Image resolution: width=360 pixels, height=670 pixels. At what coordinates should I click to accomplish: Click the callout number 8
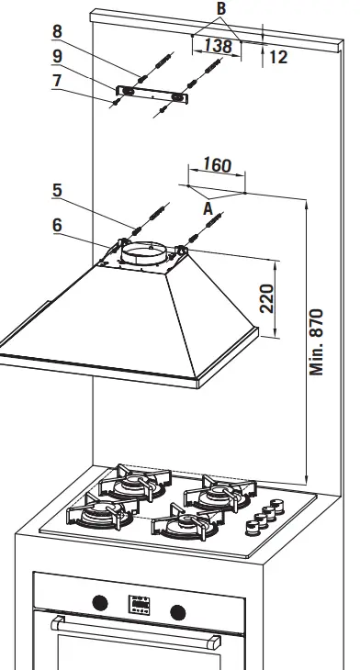[58, 31]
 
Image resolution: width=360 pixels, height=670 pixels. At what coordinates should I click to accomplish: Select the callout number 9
[58, 56]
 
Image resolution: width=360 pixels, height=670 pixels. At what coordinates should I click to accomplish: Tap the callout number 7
[58, 80]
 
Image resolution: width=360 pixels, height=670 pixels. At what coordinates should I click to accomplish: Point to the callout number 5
[57, 191]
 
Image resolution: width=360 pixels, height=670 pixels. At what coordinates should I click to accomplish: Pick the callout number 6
[57, 224]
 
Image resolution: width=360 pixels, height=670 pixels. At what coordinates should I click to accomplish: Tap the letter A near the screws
[208, 208]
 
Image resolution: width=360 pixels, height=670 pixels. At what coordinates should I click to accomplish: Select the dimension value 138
[217, 45]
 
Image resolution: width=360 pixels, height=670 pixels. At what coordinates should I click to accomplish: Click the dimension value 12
[279, 57]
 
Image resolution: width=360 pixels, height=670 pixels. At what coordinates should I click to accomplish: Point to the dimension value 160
[216, 166]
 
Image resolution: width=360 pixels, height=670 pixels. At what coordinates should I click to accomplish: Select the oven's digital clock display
[140, 605]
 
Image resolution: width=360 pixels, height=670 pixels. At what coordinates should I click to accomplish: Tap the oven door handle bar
[138, 626]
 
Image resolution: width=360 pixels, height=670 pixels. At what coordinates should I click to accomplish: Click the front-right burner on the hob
[186, 526]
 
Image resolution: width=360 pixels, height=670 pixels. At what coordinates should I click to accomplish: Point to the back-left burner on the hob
[134, 484]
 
